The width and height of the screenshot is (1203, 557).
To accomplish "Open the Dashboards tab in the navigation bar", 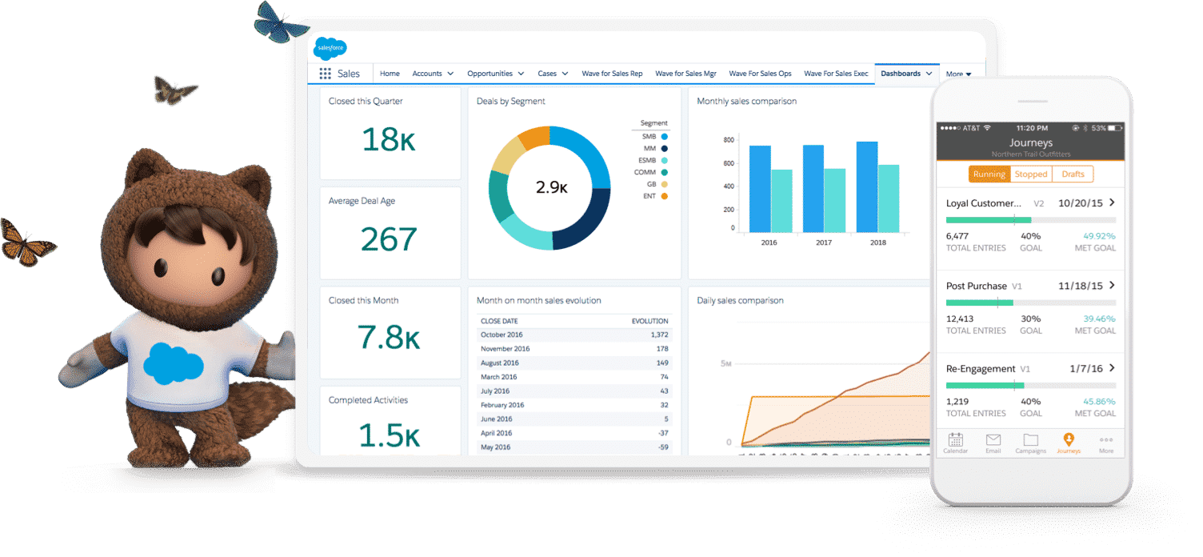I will click(901, 74).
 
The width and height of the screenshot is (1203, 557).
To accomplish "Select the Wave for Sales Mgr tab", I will click(685, 74).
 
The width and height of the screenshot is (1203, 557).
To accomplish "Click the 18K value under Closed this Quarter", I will click(389, 139).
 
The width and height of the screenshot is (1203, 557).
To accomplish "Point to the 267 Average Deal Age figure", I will click(389, 239).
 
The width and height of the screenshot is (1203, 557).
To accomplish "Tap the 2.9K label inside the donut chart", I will click(551, 188).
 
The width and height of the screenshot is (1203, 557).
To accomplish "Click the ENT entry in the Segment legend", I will click(649, 196).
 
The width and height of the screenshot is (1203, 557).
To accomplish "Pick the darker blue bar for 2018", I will click(866, 186).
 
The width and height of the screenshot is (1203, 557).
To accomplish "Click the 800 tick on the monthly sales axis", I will click(728, 140).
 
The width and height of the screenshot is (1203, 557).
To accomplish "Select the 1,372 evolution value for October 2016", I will click(659, 335).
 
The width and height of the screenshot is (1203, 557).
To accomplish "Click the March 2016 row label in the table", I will click(498, 377).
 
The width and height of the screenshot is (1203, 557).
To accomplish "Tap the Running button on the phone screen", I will click(989, 174).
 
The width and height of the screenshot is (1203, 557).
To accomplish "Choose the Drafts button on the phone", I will click(1073, 174).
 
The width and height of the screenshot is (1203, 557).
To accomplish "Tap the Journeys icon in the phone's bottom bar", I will click(1069, 443).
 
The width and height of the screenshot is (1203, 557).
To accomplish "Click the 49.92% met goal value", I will click(1099, 236).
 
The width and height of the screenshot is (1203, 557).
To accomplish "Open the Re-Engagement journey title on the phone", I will click(981, 369).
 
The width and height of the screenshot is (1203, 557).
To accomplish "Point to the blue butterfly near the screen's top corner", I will click(280, 22).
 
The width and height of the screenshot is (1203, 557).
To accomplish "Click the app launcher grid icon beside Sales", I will click(325, 74).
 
